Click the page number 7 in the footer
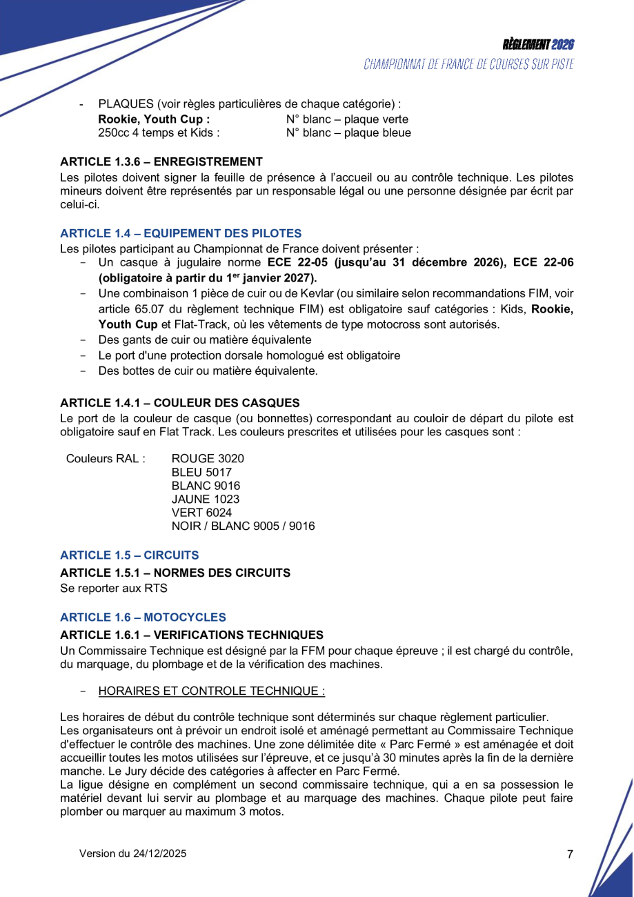[570, 854]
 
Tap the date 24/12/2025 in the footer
[159, 854]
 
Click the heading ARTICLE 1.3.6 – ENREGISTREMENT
[161, 162]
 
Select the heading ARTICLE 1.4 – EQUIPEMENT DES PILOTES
[181, 234]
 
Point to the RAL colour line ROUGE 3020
[208, 459]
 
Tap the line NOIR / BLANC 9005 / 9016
[243, 526]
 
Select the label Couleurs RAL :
[106, 459]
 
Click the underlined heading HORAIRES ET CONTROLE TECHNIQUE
[212, 691]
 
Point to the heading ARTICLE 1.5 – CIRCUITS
[130, 555]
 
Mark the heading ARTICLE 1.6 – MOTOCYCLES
[143, 618]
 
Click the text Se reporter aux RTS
[114, 589]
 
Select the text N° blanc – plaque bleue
[348, 133]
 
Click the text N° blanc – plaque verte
[347, 119]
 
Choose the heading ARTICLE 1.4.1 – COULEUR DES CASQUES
[180, 403]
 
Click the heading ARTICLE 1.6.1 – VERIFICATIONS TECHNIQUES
[192, 635]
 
